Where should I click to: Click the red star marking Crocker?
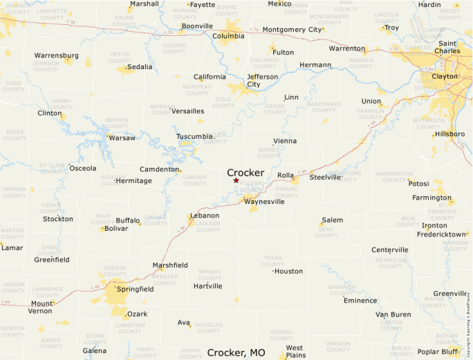pos(236,180)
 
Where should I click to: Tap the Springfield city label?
pos(135,289)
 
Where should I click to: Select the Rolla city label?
pos(286,176)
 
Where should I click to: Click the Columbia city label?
pos(228,36)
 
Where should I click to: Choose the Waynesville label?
pos(264,202)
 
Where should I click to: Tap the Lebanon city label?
pos(205,216)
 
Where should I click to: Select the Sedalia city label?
pos(140,67)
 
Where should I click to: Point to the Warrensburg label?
pos(57,55)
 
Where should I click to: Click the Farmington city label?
pos(431,198)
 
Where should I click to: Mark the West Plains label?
pos(295,352)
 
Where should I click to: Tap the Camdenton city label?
pos(159,169)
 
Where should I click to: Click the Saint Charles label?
pos(447,47)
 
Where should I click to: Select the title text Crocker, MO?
pos(236,352)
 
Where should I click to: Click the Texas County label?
pos(273,260)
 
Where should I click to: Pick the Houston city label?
pos(288,271)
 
